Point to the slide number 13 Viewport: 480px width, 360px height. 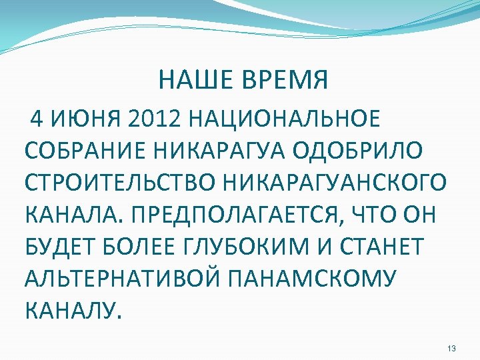point(451,349)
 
